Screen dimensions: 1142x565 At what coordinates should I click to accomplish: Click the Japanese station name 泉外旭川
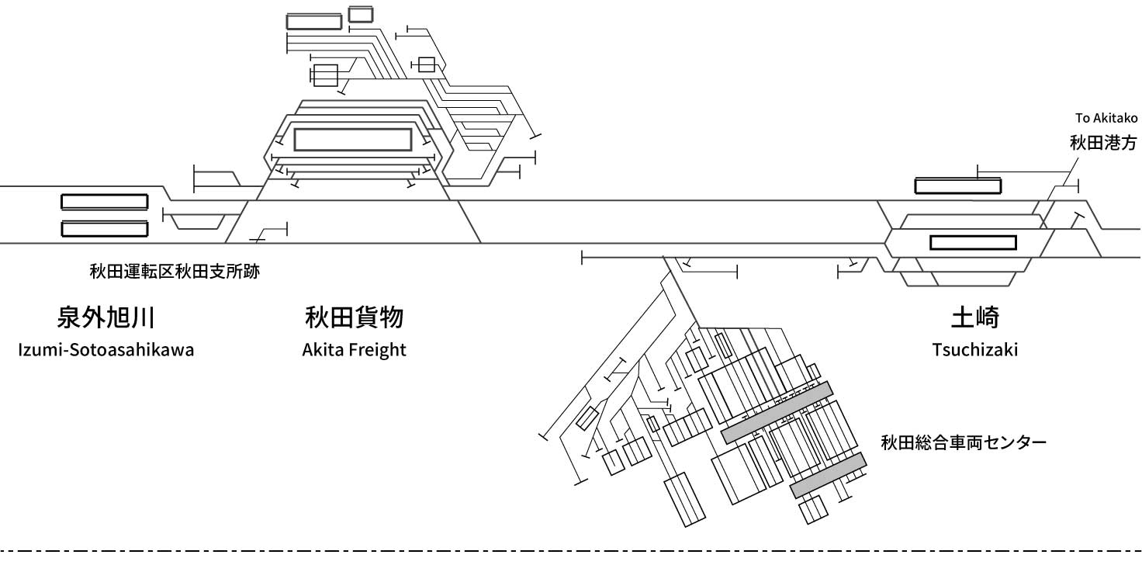106,317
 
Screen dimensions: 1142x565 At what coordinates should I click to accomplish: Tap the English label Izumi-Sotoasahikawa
106,350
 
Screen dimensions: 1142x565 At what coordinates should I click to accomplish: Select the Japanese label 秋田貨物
355,317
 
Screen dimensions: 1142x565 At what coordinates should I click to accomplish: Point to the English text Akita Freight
355,350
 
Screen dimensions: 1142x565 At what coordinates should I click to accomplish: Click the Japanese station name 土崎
975,317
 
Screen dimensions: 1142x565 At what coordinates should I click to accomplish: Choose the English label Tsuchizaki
975,350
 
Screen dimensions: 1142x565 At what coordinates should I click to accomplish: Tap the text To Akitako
1106,118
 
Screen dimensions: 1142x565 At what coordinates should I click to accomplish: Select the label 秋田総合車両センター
964,442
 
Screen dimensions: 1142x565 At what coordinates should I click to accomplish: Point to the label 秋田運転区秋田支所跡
175,272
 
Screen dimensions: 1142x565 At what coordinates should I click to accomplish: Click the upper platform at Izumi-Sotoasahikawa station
105,202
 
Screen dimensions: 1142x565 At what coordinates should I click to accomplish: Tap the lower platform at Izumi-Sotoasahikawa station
105,229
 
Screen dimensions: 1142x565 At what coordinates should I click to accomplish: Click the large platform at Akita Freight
353,140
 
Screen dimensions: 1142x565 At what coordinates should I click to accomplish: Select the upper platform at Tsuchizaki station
958,185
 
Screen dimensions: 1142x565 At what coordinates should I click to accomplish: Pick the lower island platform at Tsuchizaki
973,242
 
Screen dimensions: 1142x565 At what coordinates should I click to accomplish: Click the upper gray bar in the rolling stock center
777,413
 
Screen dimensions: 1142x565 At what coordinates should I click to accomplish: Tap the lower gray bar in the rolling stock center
829,475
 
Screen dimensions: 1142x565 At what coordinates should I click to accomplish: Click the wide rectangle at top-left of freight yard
314,22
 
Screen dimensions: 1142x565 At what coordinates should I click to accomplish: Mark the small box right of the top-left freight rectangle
361,14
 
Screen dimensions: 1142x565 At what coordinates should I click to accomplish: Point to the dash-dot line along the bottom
571,551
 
